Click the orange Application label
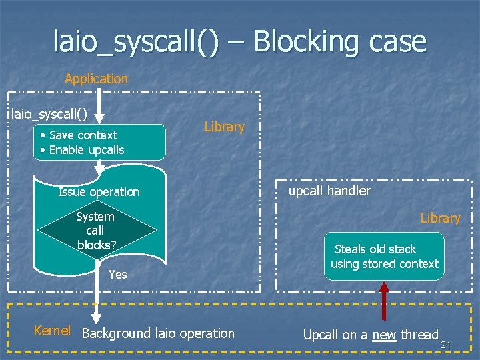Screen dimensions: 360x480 pyautogui.click(x=96, y=79)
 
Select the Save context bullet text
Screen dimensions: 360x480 pyautogui.click(x=83, y=135)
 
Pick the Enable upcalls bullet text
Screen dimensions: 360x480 pyautogui.click(x=86, y=150)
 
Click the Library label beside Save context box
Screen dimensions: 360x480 pyautogui.click(x=224, y=127)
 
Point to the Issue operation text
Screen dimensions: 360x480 pyautogui.click(x=99, y=192)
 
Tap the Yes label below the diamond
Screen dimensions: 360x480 pyautogui.click(x=117, y=274)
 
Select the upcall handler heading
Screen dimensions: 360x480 pyautogui.click(x=329, y=191)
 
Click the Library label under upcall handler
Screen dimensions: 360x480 pyautogui.click(x=440, y=218)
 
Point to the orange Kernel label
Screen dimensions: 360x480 pyautogui.click(x=52, y=331)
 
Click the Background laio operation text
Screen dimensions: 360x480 pyautogui.click(x=158, y=333)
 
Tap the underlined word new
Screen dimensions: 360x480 pyautogui.click(x=384, y=335)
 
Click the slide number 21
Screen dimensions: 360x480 pyautogui.click(x=446, y=344)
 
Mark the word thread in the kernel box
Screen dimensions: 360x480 pyautogui.click(x=419, y=335)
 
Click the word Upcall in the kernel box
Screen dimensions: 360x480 pyautogui.click(x=321, y=335)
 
